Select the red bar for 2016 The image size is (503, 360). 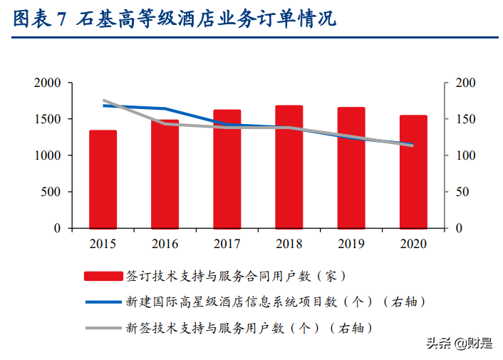(165, 174)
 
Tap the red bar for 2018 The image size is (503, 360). (289, 167)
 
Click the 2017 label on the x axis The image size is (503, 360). (227, 244)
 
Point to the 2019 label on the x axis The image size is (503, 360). (351, 244)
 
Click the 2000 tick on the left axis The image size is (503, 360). (48, 83)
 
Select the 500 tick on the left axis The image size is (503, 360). (51, 192)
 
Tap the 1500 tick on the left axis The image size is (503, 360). (48, 119)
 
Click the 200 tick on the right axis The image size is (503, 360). (465, 83)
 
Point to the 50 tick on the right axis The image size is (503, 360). (462, 192)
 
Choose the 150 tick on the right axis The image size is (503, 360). (465, 119)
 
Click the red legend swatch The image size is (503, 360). (103, 275)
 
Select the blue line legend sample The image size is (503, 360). (103, 302)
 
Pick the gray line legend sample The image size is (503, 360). (103, 328)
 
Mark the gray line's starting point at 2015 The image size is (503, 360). (103, 101)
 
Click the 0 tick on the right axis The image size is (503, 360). (458, 228)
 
